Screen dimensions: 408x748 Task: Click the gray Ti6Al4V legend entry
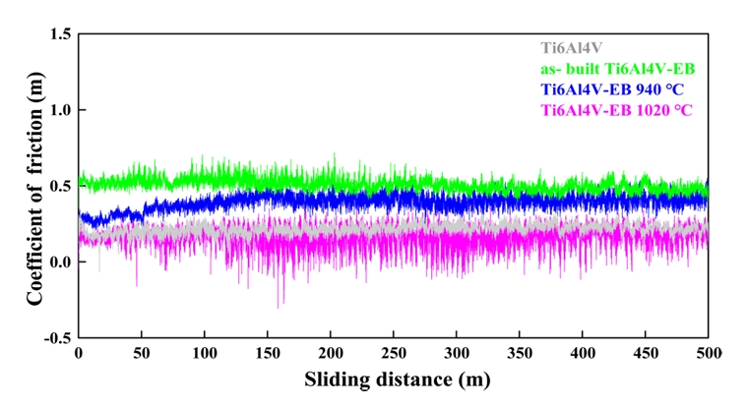click(x=573, y=47)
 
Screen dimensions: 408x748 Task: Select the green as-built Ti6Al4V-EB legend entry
click(x=621, y=69)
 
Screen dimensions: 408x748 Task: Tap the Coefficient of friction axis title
click(x=33, y=187)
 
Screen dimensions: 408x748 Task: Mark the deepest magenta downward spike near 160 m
click(x=279, y=308)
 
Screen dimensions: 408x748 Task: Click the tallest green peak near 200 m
click(x=335, y=153)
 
